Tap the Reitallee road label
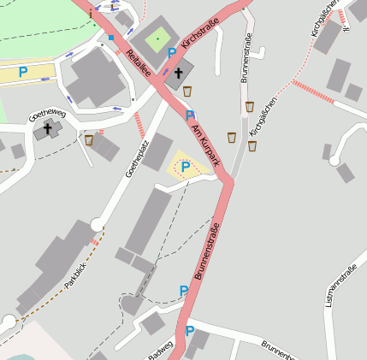point(138,64)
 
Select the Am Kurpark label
point(206,143)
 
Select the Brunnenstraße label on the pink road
point(209,252)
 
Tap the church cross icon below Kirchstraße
point(179,74)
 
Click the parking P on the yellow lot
point(185,167)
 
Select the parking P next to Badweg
point(190,332)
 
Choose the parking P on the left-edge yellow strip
point(23,73)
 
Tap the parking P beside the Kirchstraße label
point(172,53)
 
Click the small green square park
point(157,38)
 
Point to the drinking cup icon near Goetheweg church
point(88,139)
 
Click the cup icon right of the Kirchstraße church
point(187,91)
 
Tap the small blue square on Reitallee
point(111,38)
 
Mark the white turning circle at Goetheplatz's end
point(97,225)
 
